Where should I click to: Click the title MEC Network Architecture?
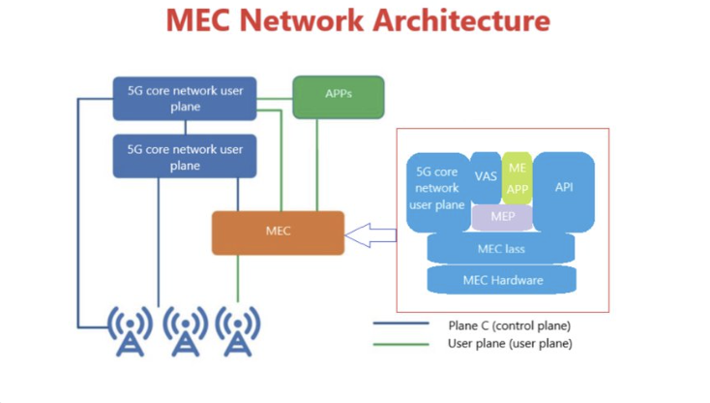[358, 20]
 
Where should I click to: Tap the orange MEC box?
[278, 232]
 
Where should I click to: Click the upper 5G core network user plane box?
[185, 99]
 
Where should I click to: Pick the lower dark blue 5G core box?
[185, 157]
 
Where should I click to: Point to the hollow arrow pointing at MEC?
[371, 232]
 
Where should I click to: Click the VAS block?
[486, 176]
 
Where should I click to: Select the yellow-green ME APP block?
[517, 178]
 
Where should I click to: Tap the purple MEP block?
[502, 217]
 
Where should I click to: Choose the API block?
[564, 187]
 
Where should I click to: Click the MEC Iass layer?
[501, 249]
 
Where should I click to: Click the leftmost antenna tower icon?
[130, 330]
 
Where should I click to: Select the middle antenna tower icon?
[185, 330]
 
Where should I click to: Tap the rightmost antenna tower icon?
[238, 330]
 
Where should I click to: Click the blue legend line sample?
[400, 325]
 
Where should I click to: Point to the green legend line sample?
[400, 343]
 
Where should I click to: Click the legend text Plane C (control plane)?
[509, 325]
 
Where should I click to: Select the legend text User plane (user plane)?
[509, 343]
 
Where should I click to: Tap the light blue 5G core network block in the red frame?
[437, 189]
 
